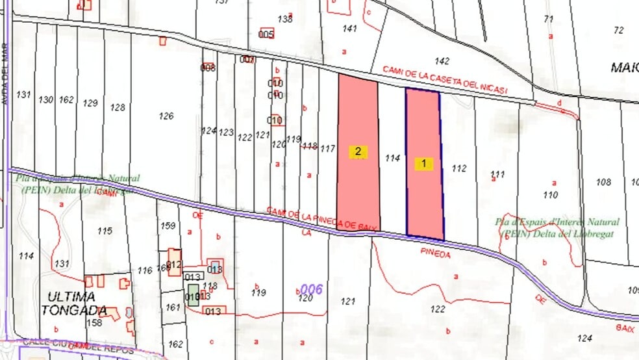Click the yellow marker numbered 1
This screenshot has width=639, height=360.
pos(424,164)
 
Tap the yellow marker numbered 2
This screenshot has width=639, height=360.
pos(358,152)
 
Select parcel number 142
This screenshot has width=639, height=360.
pos(442,61)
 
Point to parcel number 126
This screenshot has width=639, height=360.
pos(166,116)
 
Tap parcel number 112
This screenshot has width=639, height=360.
pos(459,169)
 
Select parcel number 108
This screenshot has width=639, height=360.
pos(603,183)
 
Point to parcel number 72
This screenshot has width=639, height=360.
pos(618,30)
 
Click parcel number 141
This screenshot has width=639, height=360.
pos(350,29)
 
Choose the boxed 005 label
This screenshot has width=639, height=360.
pos(266,34)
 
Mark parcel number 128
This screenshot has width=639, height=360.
pos(118,107)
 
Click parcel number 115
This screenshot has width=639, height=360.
pos(105,231)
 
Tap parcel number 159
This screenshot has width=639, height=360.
pos(168,226)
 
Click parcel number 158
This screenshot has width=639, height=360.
pos(95,323)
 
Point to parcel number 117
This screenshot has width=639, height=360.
pos(328,149)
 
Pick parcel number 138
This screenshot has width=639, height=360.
pos(285,19)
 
